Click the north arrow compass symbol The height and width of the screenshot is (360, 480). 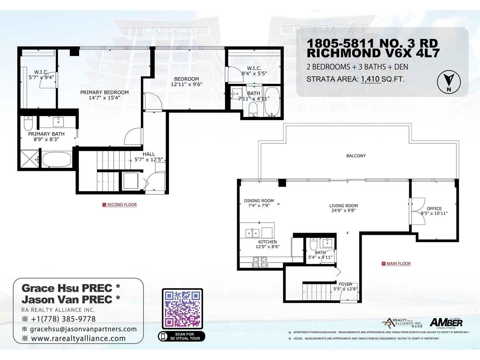448,82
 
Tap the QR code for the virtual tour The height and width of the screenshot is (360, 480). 182,309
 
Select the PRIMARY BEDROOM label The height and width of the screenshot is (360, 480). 104,92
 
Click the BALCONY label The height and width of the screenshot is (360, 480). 356,156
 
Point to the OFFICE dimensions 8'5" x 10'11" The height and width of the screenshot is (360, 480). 434,213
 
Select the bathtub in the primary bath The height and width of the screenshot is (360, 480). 57,160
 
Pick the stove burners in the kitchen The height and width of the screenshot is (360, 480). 260,262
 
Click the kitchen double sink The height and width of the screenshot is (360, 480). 252,233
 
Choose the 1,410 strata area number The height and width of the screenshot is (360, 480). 370,79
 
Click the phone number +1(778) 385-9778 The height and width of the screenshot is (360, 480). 63,319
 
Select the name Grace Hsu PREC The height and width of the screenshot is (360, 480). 67,288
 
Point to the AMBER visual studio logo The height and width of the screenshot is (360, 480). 446,323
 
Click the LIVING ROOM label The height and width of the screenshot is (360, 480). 343,206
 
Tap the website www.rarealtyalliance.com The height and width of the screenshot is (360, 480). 78,338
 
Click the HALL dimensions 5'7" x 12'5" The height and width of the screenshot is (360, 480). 148,160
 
